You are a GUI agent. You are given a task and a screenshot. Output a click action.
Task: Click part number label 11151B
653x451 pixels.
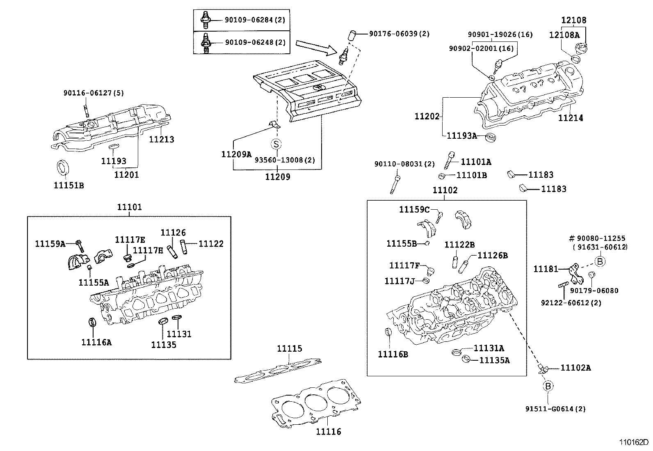pos(68,185)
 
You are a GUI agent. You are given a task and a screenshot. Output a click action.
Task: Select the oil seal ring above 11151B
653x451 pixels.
pos(62,168)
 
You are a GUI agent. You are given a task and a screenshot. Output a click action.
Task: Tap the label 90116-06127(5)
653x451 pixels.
pos(94,93)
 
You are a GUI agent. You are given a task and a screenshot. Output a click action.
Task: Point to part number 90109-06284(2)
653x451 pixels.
pos(254,20)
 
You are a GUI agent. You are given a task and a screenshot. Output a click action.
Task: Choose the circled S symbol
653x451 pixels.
pos(276,144)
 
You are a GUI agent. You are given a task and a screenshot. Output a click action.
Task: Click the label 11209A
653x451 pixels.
pos(236,154)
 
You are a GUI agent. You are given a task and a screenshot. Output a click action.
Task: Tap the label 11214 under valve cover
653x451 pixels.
pos(571,118)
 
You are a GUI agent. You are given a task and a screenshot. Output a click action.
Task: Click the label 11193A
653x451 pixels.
pos(461,135)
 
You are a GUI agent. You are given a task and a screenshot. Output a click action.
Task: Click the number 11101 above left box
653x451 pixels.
pos(130,207)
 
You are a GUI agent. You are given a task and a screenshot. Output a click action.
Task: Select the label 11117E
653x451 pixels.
pos(130,240)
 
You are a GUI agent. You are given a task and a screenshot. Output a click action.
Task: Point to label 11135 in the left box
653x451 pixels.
pos(164,345)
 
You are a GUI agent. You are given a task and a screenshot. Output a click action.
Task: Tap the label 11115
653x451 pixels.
pos(289,349)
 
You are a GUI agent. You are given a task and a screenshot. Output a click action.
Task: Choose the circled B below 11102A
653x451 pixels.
pos(548,386)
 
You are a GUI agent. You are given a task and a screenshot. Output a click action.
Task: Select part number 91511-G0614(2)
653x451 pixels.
pos(555,409)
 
